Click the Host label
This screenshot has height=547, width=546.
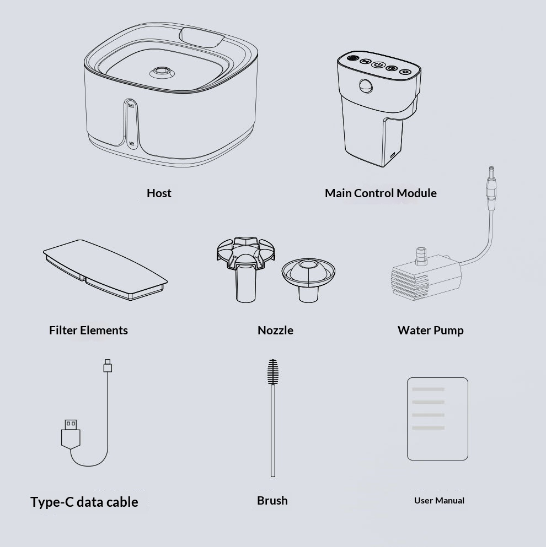click(159, 193)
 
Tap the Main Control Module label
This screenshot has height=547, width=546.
click(381, 193)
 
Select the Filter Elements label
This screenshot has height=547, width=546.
click(88, 330)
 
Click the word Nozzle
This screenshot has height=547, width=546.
click(275, 330)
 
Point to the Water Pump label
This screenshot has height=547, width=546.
click(430, 330)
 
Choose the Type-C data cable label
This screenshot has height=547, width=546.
click(84, 502)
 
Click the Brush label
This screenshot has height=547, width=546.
click(272, 500)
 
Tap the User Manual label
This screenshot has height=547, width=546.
click(439, 500)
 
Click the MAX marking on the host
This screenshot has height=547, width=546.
click(131, 105)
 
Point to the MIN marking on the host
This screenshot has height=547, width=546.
click(132, 143)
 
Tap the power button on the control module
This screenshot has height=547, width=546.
click(378, 64)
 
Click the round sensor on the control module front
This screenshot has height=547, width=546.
click(366, 86)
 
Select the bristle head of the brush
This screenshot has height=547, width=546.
click(273, 372)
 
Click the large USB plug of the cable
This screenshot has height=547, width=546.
click(71, 434)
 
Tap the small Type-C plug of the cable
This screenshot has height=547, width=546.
click(108, 366)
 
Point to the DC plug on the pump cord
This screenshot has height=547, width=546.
click(491, 188)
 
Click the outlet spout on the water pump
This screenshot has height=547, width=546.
click(421, 256)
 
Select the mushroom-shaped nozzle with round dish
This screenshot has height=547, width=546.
click(308, 280)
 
